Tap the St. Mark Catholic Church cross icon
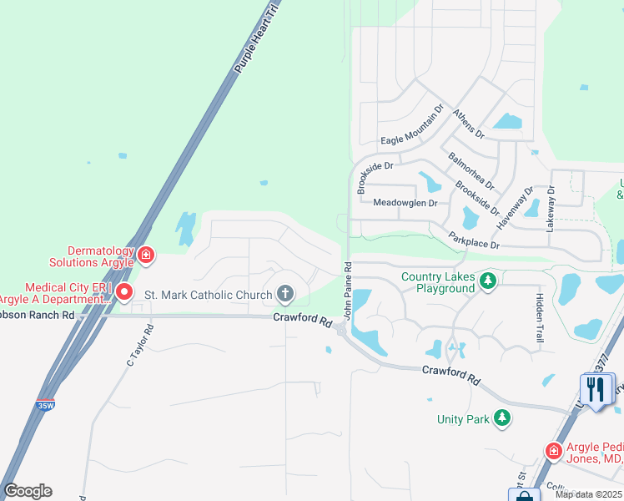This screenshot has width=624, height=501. point(285,294)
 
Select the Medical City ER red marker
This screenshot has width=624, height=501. point(124,291)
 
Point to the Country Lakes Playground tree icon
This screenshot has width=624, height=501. point(488,282)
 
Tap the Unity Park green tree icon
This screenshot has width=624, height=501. point(502,417)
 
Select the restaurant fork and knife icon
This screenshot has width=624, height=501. point(595,388)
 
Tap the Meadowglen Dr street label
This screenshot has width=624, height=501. point(405,203)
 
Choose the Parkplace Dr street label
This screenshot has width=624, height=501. point(472,240)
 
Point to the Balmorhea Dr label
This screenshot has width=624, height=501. point(471,171)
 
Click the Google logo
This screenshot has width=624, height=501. point(28,491)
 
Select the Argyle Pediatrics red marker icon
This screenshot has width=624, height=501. point(553,451)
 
